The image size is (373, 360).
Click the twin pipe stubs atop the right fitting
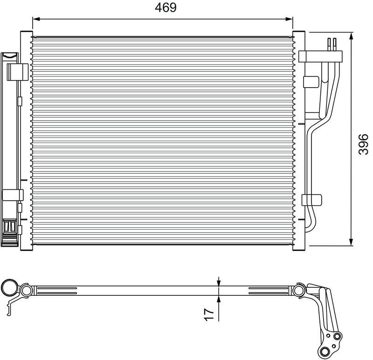[x=332, y=44]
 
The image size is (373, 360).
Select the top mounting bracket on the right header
[x=308, y=56]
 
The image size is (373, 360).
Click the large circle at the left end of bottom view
[x=9, y=289]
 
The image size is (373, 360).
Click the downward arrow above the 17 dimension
[x=218, y=282]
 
